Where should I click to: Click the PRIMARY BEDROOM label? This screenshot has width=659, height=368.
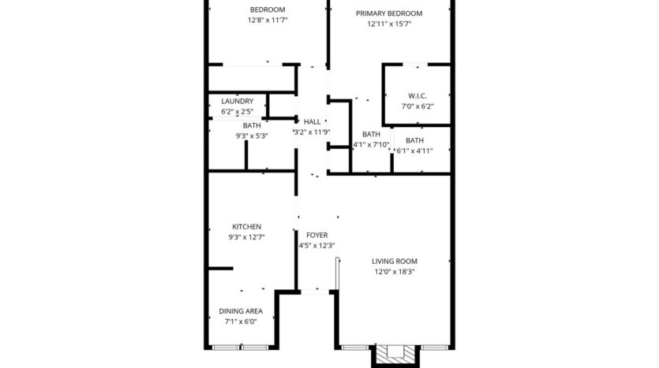(x=388, y=13)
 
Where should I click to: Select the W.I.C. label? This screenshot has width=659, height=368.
(x=417, y=95)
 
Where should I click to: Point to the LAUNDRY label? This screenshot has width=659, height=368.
(x=237, y=101)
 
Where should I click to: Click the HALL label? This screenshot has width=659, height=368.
(x=312, y=121)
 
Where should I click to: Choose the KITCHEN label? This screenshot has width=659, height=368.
(x=246, y=227)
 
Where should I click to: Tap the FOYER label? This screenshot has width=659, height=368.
(x=316, y=235)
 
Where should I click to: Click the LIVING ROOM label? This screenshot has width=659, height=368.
(x=395, y=261)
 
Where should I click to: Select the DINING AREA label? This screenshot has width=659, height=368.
(x=241, y=310)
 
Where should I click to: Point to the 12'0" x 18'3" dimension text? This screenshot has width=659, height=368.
(x=395, y=272)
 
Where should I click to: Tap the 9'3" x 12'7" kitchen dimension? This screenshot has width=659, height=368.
(x=246, y=237)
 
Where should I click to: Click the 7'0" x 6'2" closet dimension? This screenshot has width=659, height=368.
(x=417, y=106)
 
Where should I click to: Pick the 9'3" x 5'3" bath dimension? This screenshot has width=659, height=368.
(x=252, y=136)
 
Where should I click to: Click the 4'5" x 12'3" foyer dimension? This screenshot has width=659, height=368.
(x=316, y=245)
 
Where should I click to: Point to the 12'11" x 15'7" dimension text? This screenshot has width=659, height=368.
(x=388, y=24)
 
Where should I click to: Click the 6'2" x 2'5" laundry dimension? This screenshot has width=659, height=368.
(x=237, y=111)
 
